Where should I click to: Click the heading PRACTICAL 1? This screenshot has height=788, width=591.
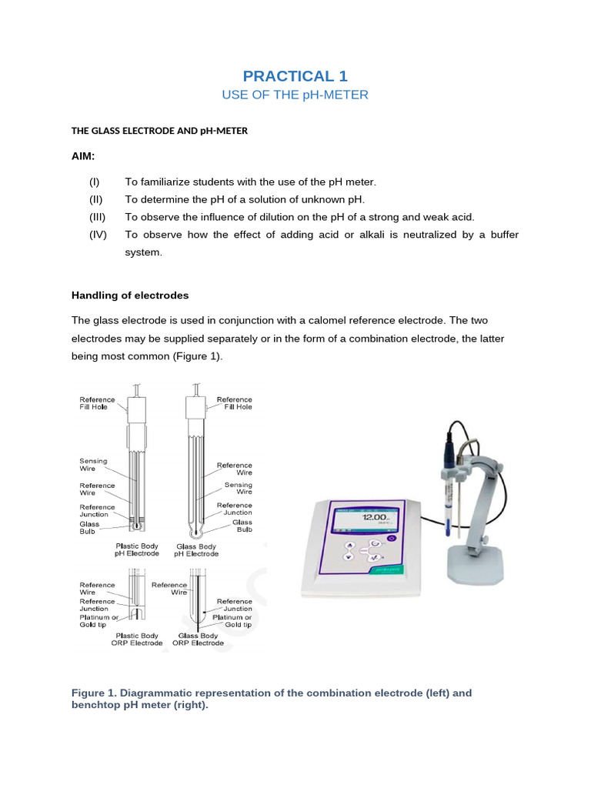[295, 75]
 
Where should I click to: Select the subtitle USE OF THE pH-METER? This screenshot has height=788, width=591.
[295, 95]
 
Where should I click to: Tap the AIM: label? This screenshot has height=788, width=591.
[84, 156]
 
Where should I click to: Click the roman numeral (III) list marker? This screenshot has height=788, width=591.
[96, 217]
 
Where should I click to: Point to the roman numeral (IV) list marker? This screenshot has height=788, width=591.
[97, 235]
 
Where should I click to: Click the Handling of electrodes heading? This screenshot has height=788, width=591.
[129, 295]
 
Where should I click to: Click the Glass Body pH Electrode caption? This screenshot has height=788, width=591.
[196, 549]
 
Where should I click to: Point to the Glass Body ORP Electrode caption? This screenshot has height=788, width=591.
[198, 639]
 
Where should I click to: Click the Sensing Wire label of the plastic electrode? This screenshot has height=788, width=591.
[94, 463]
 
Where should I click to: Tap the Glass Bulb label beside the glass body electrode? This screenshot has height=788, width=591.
[242, 526]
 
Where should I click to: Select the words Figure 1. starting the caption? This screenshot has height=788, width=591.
[95, 693]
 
